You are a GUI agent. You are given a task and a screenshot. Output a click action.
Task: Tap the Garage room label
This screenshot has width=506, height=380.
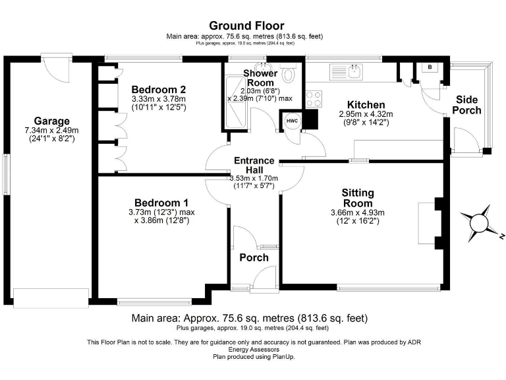52,121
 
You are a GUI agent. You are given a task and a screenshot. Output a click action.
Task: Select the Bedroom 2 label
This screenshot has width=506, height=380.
158,90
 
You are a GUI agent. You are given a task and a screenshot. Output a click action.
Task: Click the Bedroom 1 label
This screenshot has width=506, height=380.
162,203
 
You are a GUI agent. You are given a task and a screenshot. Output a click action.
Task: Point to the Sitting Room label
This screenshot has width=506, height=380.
357,198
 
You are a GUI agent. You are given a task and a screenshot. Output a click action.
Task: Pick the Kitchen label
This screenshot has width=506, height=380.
366,105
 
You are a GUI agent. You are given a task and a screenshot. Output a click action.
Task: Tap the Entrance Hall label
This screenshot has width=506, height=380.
254,165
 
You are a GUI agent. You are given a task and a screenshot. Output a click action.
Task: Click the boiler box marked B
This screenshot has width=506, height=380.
430,67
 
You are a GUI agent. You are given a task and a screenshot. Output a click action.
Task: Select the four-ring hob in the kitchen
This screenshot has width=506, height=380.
314,99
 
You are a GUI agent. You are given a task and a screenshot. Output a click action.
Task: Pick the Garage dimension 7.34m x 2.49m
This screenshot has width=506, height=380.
52,131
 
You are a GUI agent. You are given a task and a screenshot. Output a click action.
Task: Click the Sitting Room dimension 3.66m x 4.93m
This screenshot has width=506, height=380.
357,212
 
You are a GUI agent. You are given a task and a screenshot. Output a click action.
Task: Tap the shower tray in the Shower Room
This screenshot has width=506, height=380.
233,102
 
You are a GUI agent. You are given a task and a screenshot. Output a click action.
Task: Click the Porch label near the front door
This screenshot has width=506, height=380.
254,257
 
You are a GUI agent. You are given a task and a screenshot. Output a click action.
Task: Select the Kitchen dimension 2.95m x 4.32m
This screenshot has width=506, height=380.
366,114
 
